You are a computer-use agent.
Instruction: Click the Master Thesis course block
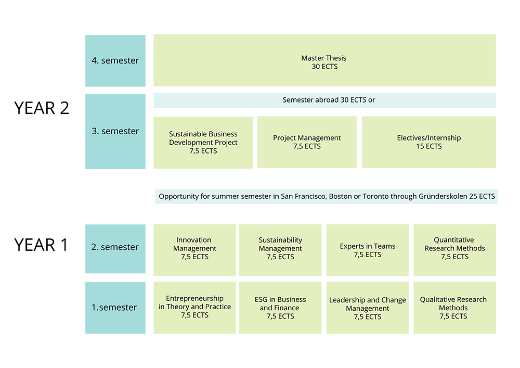click(323, 62)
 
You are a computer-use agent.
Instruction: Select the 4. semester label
click(115, 60)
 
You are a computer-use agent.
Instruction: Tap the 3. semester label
click(115, 131)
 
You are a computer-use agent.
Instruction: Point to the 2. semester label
click(115, 247)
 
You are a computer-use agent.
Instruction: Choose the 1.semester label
click(114, 307)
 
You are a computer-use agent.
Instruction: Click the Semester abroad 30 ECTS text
click(328, 100)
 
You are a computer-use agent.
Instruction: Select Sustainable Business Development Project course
click(203, 143)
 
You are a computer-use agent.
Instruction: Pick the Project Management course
click(307, 142)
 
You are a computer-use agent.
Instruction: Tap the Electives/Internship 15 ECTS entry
click(428, 142)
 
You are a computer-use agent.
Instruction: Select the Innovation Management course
click(194, 248)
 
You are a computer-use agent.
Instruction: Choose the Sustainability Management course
click(280, 248)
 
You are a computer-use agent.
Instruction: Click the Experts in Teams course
click(367, 250)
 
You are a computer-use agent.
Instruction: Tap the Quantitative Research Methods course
click(454, 248)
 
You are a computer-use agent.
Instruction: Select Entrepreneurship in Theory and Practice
click(194, 307)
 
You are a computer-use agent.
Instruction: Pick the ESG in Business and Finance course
click(280, 308)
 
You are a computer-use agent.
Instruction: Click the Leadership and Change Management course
click(367, 308)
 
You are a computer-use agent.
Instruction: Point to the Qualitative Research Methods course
click(453, 308)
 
